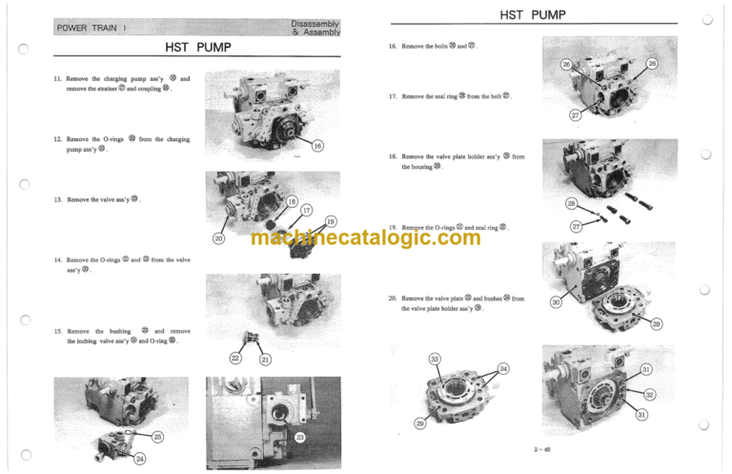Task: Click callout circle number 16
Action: pos(317,146)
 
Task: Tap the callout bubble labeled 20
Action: pos(218,237)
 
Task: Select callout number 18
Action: pos(292,199)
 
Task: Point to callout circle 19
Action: pos(330,222)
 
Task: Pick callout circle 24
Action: pos(140,459)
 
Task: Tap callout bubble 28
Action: pos(570,205)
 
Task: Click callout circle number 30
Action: pos(556,302)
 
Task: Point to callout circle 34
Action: pos(503,368)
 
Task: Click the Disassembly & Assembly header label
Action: pos(315,27)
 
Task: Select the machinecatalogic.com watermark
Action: pos(365,237)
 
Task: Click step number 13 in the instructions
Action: pos(58,199)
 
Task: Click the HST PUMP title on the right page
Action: pos(533,14)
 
